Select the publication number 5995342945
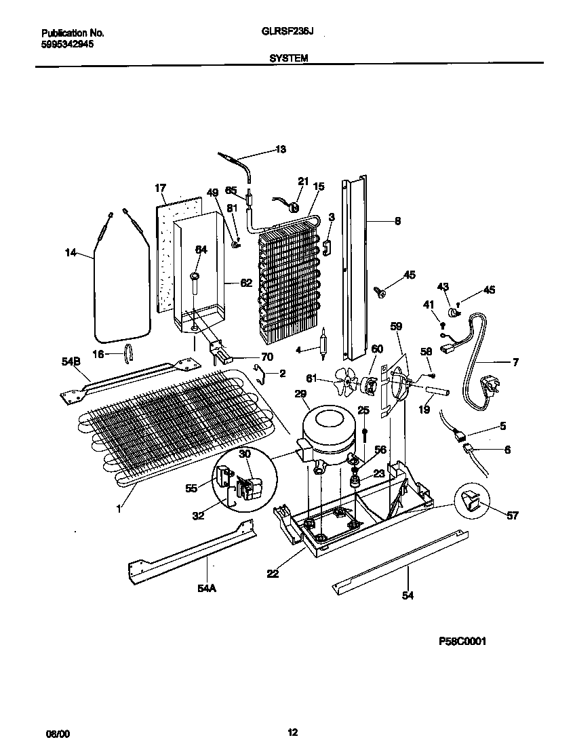(x=67, y=43)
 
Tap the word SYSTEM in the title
(x=289, y=58)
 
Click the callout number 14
(x=70, y=253)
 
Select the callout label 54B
(x=71, y=364)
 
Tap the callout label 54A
(x=206, y=589)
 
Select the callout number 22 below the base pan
(x=273, y=573)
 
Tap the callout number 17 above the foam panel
(x=160, y=188)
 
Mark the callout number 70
(x=267, y=356)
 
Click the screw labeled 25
(x=365, y=434)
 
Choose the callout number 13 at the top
(x=280, y=149)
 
